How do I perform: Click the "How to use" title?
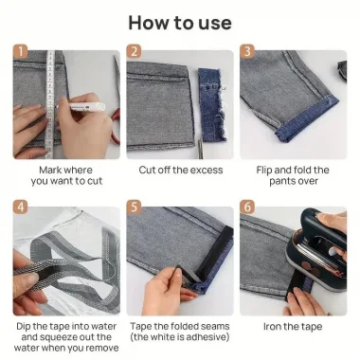180,23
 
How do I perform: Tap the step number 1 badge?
20,51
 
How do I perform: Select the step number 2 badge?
134,51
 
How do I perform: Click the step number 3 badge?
247,51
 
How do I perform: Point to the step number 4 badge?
20,207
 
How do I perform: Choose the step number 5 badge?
134,207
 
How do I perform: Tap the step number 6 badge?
247,207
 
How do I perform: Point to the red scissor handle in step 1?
117,126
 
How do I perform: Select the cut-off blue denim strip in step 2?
211,104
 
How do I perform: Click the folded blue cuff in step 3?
306,119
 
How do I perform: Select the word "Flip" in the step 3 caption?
264,171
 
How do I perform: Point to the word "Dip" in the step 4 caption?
24,326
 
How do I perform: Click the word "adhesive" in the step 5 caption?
206,337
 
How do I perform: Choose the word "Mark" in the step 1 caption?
50,170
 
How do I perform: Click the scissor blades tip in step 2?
199,139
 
